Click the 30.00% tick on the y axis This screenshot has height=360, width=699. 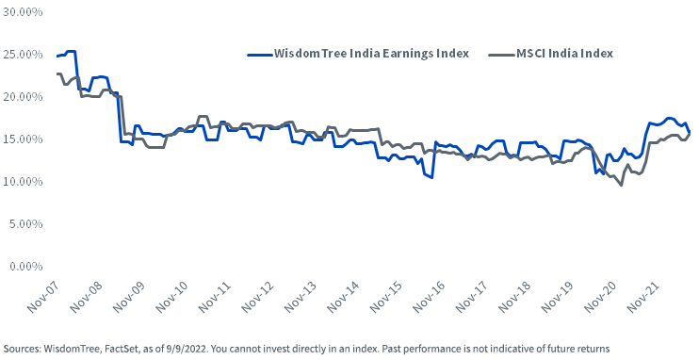[x=24, y=12]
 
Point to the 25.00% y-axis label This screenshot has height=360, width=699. [x=24, y=55]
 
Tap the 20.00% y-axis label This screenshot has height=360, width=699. [x=24, y=97]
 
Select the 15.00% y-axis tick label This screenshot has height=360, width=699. [x=24, y=139]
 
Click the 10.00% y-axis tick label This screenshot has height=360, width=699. [x=24, y=182]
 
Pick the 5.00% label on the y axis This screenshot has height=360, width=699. [x=26, y=224]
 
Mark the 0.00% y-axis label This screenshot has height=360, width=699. [x=26, y=267]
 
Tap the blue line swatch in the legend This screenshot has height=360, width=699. [x=259, y=54]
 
